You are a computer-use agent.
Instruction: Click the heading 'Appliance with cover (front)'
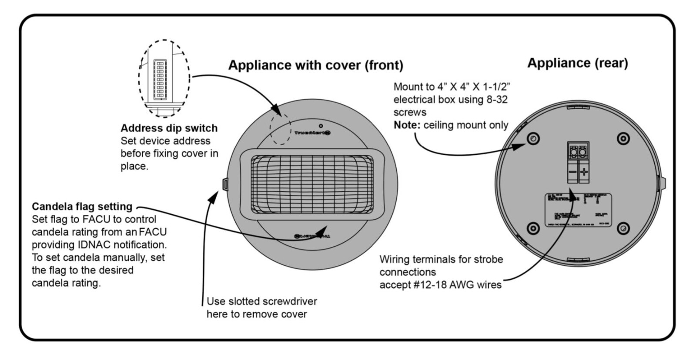[315, 65]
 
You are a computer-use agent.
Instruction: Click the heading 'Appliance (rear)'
[577, 63]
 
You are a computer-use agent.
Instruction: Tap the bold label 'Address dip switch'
[169, 128]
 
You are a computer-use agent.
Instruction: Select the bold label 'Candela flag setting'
[82, 207]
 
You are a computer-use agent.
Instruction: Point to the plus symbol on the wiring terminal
[584, 172]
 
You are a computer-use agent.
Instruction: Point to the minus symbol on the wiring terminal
[572, 172]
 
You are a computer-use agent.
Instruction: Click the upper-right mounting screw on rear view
[623, 139]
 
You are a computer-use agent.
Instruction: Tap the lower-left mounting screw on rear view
[533, 228]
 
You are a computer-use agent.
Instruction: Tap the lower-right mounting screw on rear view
[623, 228]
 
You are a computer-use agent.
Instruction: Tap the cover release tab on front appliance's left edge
[225, 184]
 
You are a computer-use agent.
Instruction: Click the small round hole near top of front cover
[321, 126]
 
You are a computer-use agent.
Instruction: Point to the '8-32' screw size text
[497, 100]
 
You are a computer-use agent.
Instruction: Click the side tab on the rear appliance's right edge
[663, 183]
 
